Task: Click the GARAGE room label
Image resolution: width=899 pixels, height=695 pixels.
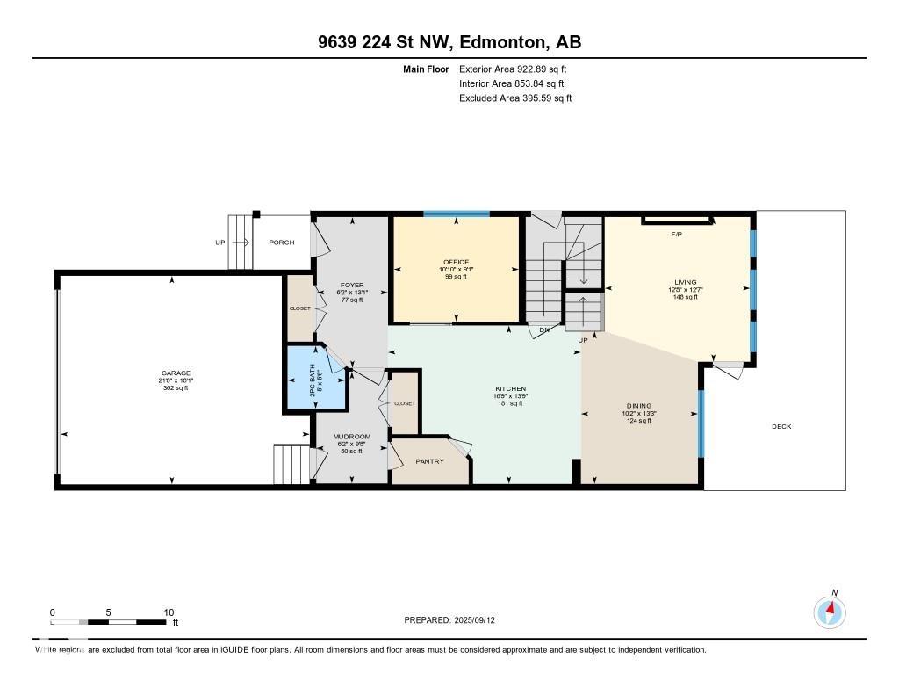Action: (175, 373)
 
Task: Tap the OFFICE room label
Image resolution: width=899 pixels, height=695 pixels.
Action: (456, 262)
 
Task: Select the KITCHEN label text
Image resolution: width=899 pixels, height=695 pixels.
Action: (510, 388)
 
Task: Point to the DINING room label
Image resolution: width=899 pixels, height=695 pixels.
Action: (638, 406)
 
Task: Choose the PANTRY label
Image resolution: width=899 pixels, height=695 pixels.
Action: (429, 461)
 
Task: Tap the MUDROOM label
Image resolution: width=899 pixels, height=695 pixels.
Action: (351, 437)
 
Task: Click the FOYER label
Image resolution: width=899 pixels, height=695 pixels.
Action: (352, 286)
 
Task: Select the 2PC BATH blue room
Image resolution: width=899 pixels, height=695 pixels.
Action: (314, 379)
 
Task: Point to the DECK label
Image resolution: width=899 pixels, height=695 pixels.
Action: (781, 427)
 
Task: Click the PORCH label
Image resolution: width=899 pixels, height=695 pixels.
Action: (282, 243)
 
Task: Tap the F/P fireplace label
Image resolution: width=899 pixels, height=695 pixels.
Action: (677, 235)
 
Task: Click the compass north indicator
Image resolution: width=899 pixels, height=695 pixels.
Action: (829, 611)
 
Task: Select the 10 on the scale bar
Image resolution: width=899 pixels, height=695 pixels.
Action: (169, 612)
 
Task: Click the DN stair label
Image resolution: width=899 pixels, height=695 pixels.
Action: (544, 330)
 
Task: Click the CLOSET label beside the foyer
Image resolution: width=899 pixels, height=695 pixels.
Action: (300, 308)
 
